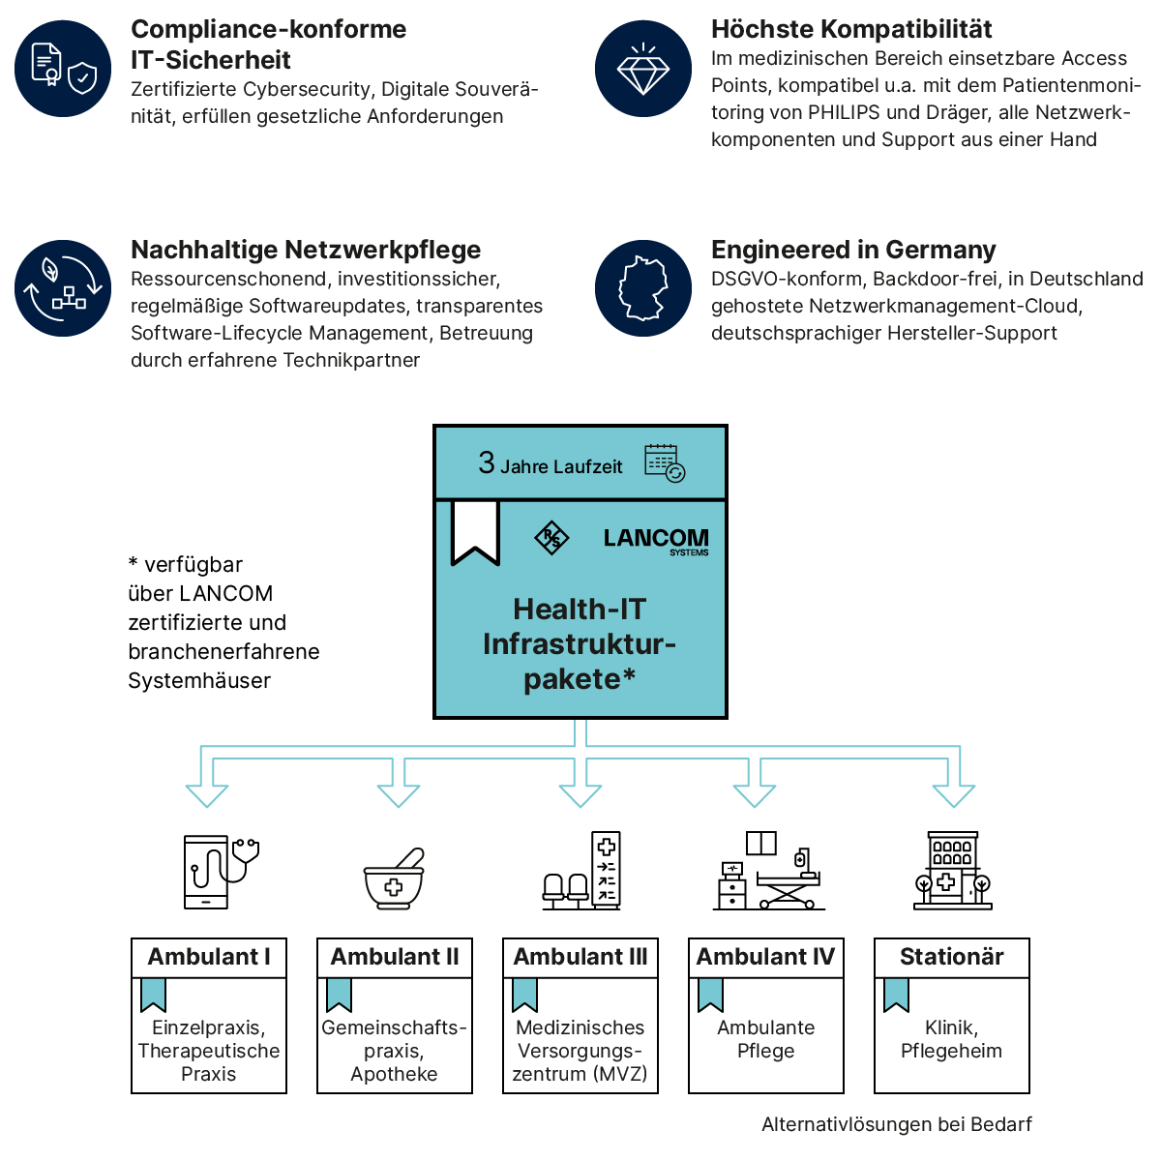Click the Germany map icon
tap(643, 288)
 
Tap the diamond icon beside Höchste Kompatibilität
tap(643, 69)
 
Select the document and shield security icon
tap(63, 69)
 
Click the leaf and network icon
tap(63, 288)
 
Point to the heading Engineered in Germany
tap(853, 250)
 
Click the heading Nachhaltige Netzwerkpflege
tap(306, 250)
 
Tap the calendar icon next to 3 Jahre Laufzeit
tap(665, 463)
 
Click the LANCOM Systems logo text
tap(656, 540)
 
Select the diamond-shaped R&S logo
tap(552, 538)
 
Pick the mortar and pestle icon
tap(395, 878)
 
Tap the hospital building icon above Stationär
tap(953, 871)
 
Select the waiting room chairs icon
tap(581, 871)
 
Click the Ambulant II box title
tap(395, 957)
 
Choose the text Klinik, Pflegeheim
tap(951, 1039)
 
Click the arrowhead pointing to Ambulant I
tap(207, 794)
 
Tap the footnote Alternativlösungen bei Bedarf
tap(897, 1124)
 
